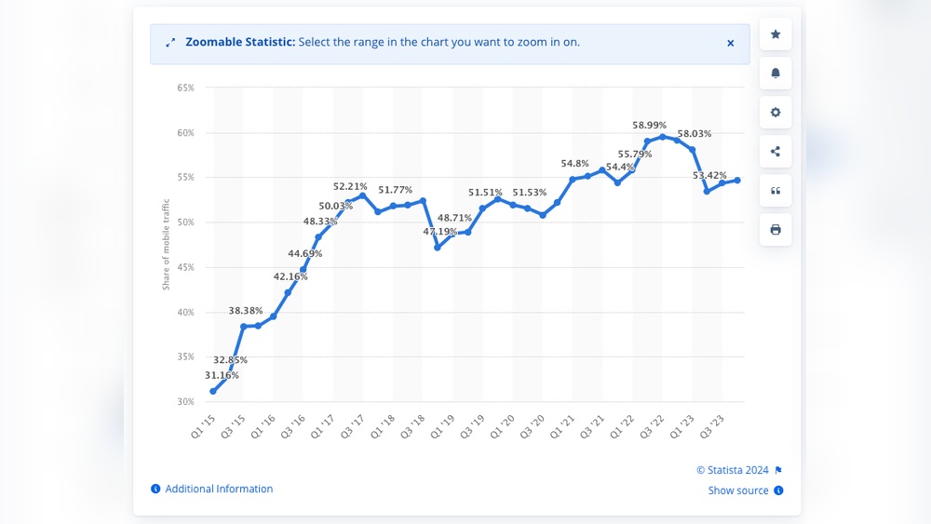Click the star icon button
(776, 34)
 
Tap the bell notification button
(776, 74)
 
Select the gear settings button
(776, 113)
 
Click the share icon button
(776, 152)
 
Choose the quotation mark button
(776, 191)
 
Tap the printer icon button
(776, 230)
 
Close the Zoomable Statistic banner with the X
(731, 43)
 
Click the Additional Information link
(219, 489)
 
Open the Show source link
(738, 490)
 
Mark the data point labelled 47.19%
(438, 247)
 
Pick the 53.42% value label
(709, 175)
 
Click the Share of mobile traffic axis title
(167, 244)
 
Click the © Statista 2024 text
(732, 470)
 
